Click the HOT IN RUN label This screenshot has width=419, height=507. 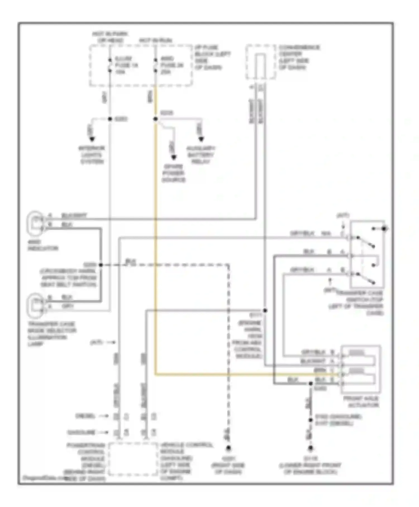155,41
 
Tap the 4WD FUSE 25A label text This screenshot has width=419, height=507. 172,65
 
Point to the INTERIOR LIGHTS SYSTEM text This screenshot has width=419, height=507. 92,155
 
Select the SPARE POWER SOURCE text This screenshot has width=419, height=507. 173,173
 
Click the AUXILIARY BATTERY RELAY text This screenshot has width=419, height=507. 201,155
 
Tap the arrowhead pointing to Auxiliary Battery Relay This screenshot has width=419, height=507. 201,139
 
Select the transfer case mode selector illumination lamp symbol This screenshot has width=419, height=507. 35,305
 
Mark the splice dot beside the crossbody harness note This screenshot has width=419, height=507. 101,265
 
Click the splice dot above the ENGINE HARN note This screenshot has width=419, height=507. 265,311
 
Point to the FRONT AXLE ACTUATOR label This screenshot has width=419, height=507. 361,402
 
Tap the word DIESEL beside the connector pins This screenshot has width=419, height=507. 85,416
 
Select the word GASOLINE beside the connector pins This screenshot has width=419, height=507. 81,432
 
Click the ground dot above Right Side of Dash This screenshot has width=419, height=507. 228,448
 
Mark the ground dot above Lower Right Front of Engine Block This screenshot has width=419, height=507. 310,448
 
